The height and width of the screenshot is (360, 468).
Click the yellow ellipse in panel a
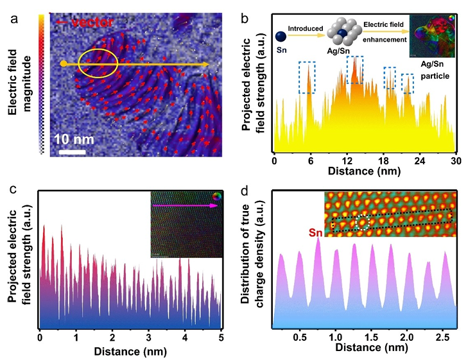pyautogui.click(x=98, y=63)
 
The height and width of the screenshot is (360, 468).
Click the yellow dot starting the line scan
pyautogui.click(x=63, y=64)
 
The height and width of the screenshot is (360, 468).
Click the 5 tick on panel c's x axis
pyautogui.click(x=221, y=336)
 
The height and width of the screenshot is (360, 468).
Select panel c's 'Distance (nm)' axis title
pyautogui.click(x=130, y=351)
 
